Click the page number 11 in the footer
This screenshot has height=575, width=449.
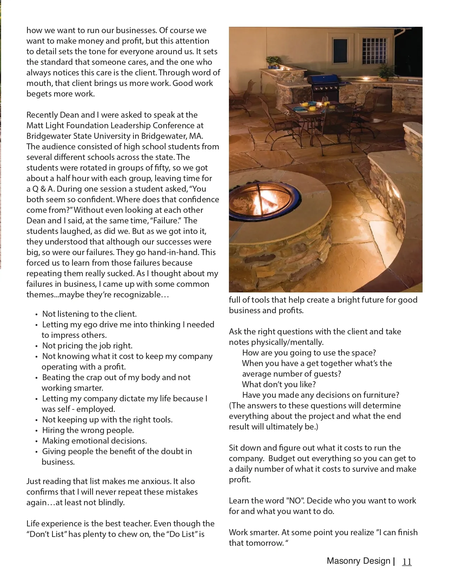407,562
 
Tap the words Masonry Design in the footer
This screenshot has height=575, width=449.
358,561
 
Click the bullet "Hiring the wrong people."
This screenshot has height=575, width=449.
88,430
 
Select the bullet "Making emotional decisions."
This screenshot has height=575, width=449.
94,441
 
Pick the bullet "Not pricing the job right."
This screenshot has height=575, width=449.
87,346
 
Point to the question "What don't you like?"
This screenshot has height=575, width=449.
279,384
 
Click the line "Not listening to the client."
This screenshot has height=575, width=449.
89,314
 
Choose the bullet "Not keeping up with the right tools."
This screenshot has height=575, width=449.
107,420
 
